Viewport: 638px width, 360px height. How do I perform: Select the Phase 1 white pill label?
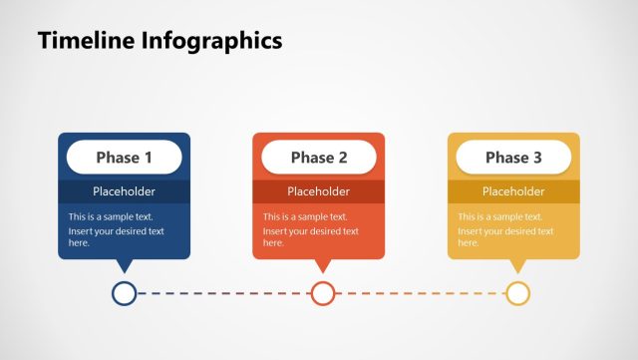pyautogui.click(x=124, y=158)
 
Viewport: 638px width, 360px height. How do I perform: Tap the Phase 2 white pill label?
pyautogui.click(x=319, y=158)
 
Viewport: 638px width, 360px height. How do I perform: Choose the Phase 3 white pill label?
pyautogui.click(x=513, y=158)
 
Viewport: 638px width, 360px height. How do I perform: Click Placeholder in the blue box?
pyautogui.click(x=124, y=191)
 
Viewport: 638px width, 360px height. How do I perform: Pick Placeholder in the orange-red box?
pyautogui.click(x=319, y=191)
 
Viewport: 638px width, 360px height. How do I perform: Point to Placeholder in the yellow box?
pyautogui.click(x=513, y=191)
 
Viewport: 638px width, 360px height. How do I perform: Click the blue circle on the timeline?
pyautogui.click(x=124, y=293)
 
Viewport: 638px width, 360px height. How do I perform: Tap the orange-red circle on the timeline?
pyautogui.click(x=322, y=293)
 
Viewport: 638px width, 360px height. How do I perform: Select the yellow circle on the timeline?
pyautogui.click(x=517, y=293)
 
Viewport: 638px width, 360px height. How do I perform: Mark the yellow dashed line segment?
pyautogui.click(x=469, y=293)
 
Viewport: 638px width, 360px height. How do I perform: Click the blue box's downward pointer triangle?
pyautogui.click(x=124, y=265)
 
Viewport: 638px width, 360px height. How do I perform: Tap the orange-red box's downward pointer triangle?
pyautogui.click(x=322, y=265)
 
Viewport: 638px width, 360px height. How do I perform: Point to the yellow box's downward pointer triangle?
pyautogui.click(x=517, y=265)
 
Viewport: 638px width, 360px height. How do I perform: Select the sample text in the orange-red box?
pyautogui.click(x=310, y=229)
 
